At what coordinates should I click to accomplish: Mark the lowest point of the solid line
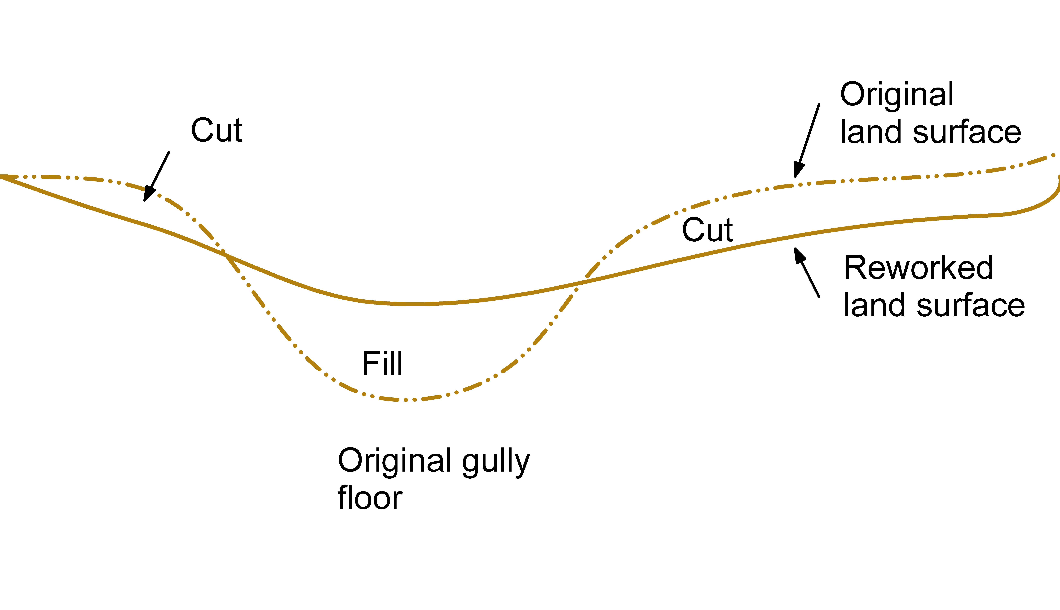(x=413, y=304)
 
